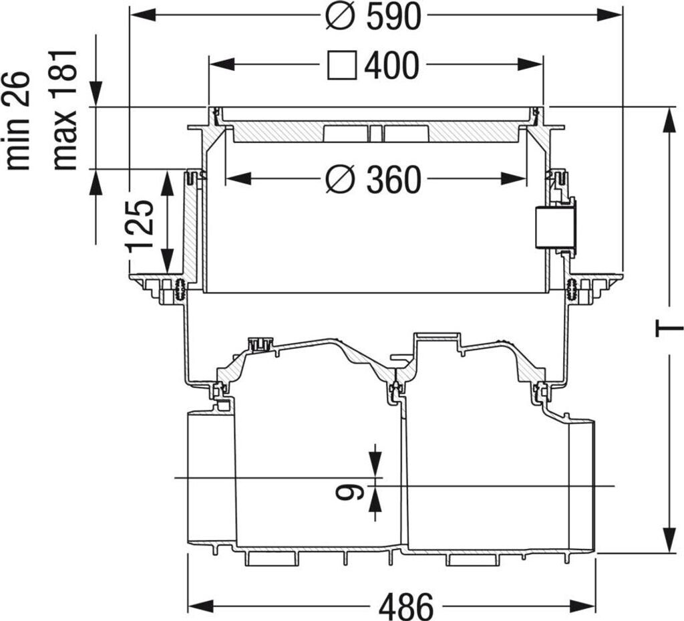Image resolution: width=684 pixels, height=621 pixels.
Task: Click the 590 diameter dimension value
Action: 394,16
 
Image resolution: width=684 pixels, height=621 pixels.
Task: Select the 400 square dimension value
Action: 391,66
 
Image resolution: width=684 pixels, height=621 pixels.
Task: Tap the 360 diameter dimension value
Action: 394,179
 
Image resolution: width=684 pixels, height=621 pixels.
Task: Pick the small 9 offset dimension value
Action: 349,492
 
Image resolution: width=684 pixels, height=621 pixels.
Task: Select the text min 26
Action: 17,121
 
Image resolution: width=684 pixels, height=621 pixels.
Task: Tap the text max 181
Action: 64,110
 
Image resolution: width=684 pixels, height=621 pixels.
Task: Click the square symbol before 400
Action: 342,66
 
